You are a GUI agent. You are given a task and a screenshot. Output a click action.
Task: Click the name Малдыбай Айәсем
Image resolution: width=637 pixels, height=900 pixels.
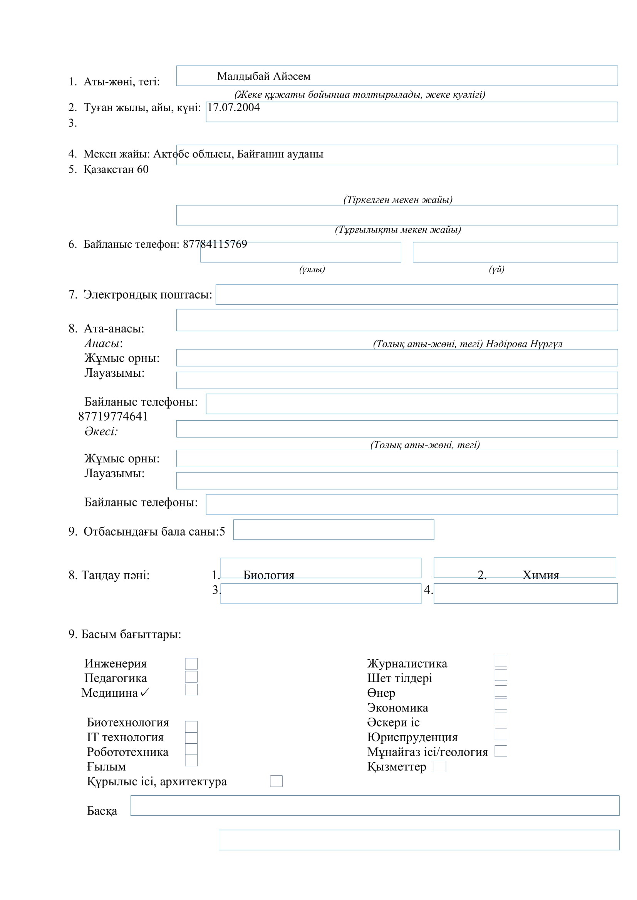[263, 76]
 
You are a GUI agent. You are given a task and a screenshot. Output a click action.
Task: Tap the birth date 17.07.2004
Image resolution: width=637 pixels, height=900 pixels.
[233, 107]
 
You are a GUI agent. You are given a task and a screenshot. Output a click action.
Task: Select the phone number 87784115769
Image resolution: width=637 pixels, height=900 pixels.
[215, 244]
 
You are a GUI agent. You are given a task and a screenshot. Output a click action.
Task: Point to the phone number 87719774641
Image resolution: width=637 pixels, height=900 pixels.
[113, 416]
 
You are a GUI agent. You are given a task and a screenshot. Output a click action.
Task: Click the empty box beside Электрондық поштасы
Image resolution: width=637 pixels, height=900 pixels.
[416, 294]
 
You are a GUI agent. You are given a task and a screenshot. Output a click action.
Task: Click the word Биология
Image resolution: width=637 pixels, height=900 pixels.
[269, 575]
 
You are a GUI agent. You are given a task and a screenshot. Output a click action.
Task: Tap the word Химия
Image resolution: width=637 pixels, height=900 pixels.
[540, 575]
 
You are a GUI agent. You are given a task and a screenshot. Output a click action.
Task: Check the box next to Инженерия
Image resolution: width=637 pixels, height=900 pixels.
[191, 664]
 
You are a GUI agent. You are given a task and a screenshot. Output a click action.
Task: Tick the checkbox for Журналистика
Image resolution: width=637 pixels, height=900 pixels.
[501, 661]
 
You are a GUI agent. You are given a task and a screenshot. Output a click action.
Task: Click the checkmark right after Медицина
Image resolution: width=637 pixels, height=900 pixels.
[145, 693]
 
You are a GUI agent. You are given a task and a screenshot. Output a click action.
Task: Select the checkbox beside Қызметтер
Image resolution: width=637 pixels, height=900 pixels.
[440, 766]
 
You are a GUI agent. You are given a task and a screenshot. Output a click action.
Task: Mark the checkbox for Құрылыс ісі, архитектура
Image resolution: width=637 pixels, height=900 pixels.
[276, 781]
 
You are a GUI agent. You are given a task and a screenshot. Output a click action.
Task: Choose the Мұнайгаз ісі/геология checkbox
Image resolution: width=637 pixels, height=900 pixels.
[501, 751]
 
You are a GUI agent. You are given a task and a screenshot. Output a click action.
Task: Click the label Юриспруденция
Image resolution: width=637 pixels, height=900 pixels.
[412, 737]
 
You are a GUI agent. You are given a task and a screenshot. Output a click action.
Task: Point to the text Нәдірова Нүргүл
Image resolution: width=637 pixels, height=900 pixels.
[524, 344]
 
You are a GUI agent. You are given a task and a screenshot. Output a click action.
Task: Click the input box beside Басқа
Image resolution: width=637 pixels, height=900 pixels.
[375, 805]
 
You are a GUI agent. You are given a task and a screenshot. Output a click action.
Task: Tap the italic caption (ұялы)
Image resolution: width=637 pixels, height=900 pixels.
[312, 269]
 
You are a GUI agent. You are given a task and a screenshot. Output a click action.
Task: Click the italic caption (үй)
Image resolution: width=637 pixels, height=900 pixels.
[496, 269]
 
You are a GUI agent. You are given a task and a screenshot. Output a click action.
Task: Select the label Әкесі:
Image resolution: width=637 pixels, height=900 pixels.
[101, 431]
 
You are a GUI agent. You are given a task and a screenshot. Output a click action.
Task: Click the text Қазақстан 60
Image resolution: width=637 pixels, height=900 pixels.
[116, 169]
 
